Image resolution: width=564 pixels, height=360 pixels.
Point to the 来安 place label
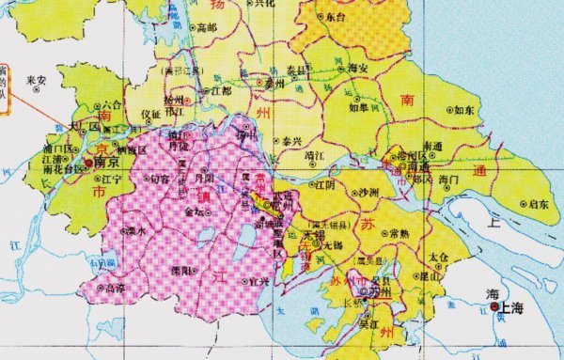[38, 80]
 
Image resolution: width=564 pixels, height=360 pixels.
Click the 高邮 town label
[206, 27]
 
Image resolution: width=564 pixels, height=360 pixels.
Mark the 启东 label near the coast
[538, 203]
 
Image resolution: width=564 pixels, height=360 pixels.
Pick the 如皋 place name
[358, 108]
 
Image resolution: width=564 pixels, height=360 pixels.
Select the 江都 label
[222, 91]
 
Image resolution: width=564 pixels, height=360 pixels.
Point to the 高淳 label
[115, 288]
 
